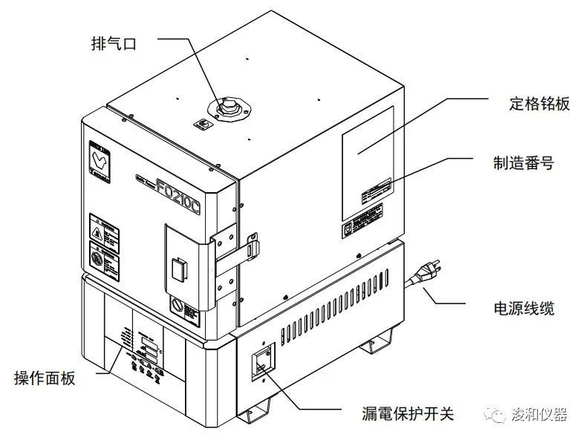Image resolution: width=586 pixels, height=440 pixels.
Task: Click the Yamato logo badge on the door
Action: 100,159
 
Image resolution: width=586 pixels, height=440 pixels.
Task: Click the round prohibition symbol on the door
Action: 96,260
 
